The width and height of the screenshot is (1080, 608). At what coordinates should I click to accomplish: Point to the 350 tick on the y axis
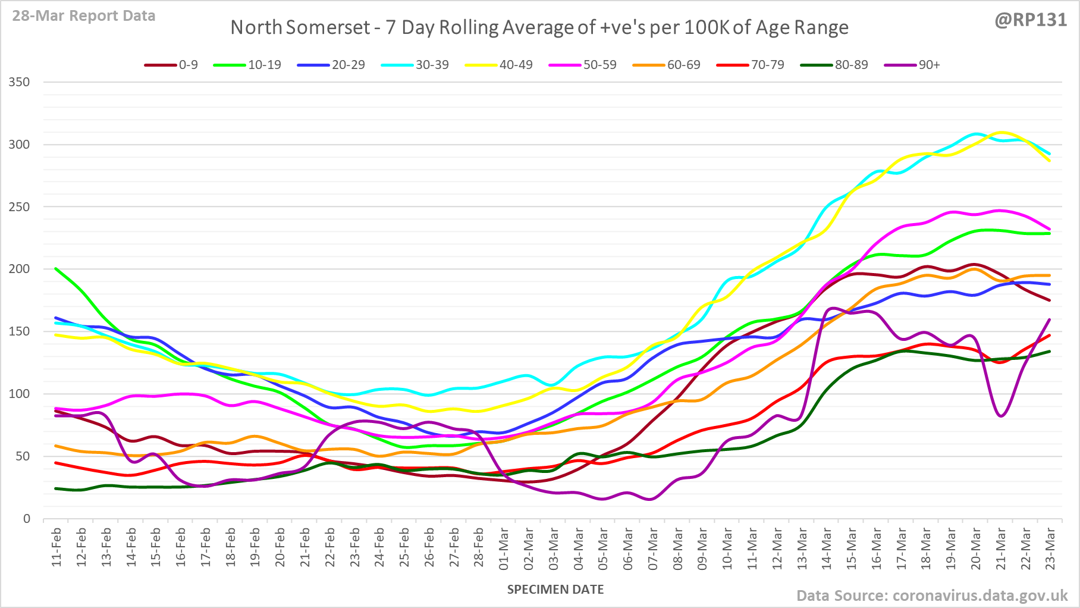coord(19,82)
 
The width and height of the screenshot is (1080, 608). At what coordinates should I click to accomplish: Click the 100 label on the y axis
coord(19,394)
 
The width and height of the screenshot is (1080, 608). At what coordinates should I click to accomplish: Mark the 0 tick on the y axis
coord(26,519)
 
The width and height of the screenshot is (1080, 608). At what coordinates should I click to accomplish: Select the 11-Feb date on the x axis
coord(56,547)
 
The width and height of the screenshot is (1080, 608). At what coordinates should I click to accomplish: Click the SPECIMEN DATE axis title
coord(555,590)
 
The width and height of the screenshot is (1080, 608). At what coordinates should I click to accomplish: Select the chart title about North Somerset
coord(539,27)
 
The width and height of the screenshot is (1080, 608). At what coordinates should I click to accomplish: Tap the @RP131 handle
coord(1031,20)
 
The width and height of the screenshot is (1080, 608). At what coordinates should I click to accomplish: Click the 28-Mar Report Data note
coord(84,16)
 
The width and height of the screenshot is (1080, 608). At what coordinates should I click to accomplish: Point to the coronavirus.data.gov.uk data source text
coord(932,596)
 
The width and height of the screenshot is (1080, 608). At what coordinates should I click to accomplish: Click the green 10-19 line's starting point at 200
coord(56,268)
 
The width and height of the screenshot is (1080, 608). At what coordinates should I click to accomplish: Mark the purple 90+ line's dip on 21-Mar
coord(1001,416)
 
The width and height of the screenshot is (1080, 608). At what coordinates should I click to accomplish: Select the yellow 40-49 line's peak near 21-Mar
coord(1001,132)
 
